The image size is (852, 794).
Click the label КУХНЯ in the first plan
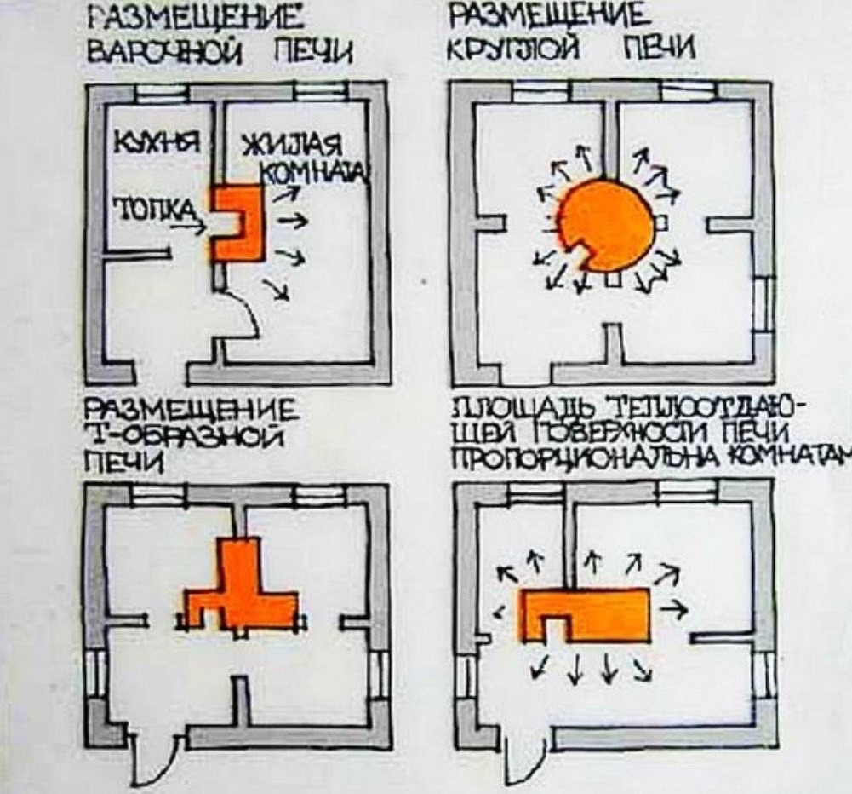point(157,143)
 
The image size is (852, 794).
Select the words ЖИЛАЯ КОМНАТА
point(297,158)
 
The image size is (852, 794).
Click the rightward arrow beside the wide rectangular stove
point(677,609)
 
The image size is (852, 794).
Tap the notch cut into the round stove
point(586,255)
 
